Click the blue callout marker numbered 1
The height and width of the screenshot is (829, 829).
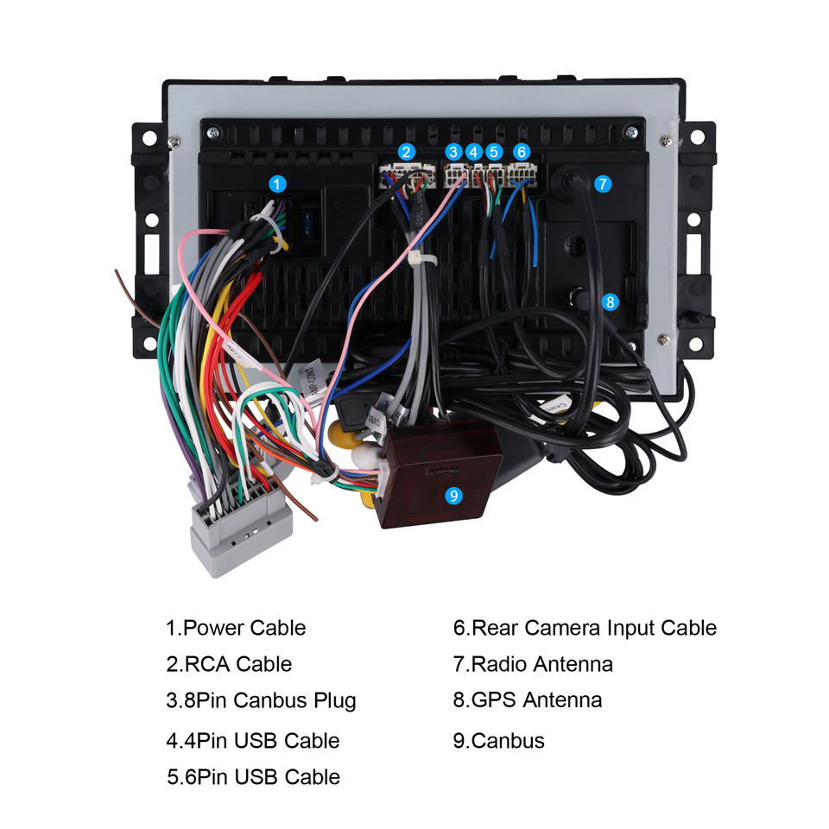276,183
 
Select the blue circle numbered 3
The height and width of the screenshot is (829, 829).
454,151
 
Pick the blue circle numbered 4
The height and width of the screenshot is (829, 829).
473,151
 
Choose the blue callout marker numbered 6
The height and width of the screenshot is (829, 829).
521,151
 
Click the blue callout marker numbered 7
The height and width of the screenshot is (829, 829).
603,183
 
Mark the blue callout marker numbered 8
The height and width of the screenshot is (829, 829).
611,301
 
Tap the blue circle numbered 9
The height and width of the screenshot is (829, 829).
454,495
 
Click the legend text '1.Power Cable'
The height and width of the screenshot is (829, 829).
236,628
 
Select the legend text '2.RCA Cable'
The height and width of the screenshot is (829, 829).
229,664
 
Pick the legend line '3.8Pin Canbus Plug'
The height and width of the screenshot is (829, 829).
261,699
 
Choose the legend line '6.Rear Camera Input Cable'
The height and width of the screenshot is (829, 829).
585,628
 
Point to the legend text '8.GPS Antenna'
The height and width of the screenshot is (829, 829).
527,699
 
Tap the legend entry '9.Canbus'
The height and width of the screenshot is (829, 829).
498,740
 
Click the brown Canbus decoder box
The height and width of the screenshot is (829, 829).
440,471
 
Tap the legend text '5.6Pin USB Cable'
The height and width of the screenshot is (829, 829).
253,776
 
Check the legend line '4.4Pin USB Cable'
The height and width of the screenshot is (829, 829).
253,740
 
